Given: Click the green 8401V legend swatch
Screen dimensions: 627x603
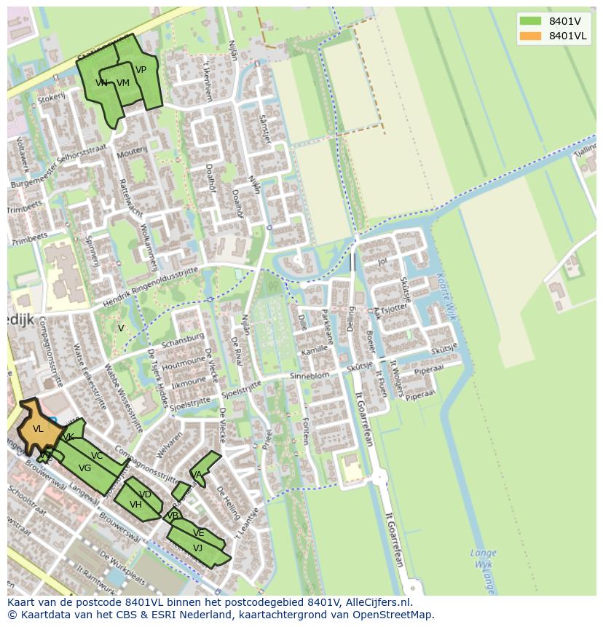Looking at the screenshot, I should coord(531,21).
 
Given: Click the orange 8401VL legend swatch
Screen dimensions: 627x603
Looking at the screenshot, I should coord(531,36).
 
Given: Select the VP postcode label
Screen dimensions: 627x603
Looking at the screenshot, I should coord(141,70).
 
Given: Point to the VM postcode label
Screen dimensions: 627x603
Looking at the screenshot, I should coord(122,83).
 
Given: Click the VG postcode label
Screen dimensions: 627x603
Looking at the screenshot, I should coord(84,468).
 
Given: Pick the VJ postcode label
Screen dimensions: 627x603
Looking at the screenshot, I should coord(197,548).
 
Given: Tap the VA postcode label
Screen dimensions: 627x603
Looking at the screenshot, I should coord(196,475).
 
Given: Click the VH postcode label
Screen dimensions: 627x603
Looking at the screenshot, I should coord(135,504).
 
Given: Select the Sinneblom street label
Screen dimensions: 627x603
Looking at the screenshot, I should coord(310,375).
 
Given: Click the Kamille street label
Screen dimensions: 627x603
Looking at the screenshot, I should coord(314,350).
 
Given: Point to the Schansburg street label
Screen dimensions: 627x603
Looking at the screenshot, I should coord(182,341).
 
